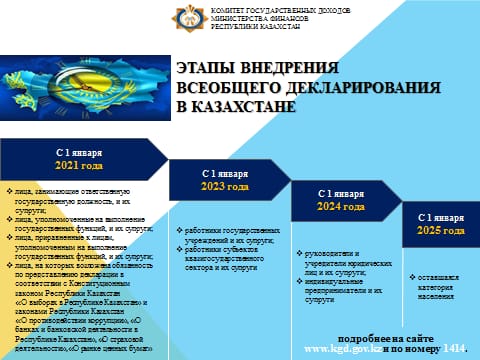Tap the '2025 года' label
click(441, 231)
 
